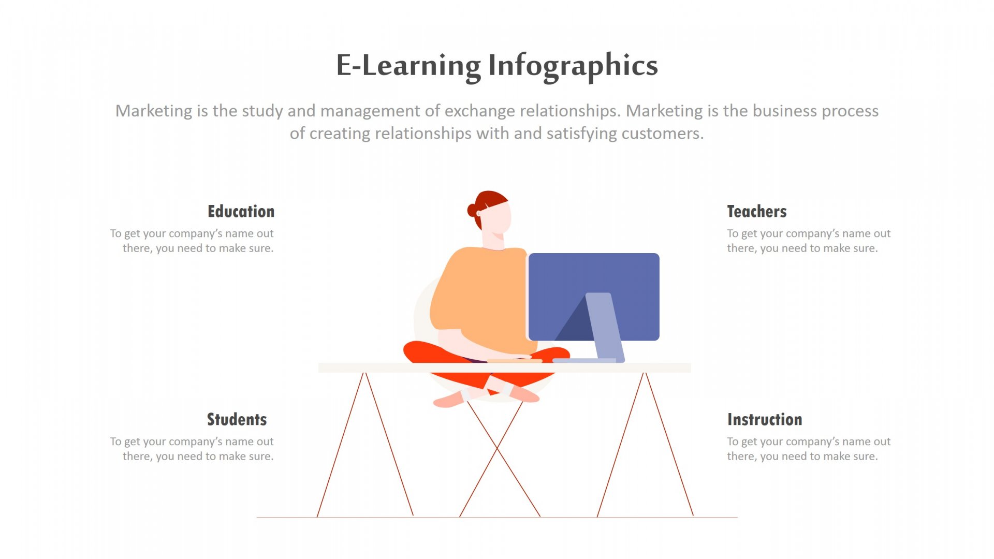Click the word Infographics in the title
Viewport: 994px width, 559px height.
573,66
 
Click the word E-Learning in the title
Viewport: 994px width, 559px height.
408,66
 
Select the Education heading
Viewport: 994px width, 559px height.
241,211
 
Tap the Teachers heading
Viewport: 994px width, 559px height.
757,211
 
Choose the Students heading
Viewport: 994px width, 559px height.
237,419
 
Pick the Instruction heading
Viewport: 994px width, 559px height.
765,419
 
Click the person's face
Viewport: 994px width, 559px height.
496,217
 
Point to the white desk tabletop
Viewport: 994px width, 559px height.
504,367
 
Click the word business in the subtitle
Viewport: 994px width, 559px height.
785,111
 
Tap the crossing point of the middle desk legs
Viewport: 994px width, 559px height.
497,448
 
